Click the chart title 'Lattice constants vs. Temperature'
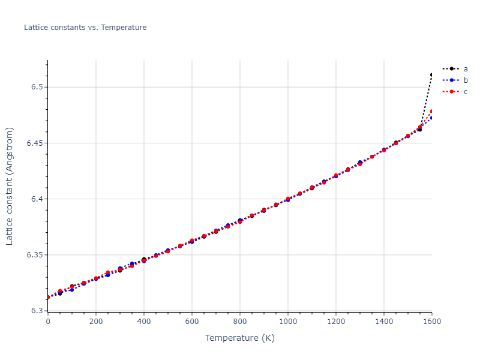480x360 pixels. coord(85,28)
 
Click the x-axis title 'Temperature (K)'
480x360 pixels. coord(239,338)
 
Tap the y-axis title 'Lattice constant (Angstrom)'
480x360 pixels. coord(10,186)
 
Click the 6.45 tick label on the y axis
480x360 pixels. coord(35,143)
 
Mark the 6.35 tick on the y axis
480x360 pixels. coord(35,255)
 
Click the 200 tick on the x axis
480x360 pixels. coord(96,322)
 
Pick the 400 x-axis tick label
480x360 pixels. coord(144,322)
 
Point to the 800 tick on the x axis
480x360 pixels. coord(240,322)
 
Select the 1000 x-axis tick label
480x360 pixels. coord(288,322)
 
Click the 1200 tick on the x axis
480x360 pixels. coord(336,322)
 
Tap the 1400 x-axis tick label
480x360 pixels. coord(384,322)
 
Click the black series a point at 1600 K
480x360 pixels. coord(431,75)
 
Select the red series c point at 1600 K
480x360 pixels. coord(431,112)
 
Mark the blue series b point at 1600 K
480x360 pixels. coord(431,118)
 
